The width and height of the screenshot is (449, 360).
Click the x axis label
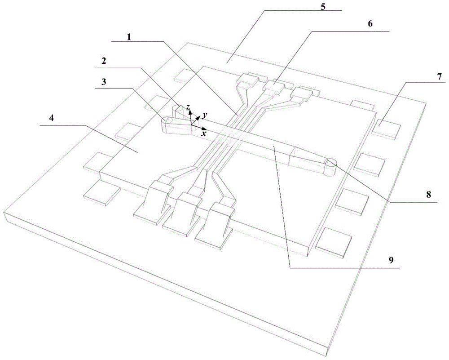(204, 133)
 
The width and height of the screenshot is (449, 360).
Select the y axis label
(204, 116)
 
